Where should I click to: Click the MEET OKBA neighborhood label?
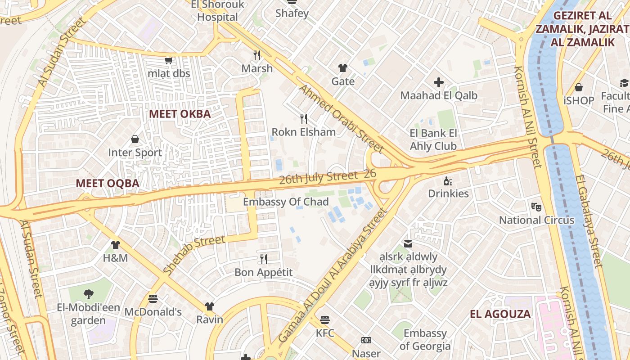point(180,114)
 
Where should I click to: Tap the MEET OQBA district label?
point(107,184)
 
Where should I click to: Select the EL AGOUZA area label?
point(500,314)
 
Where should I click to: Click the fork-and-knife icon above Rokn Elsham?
point(304,119)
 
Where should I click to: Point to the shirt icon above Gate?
point(343,68)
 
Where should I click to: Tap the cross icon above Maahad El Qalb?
point(439,82)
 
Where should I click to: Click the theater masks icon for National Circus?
point(536,207)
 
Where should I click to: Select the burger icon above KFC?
point(325,320)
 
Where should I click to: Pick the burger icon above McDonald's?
point(153,298)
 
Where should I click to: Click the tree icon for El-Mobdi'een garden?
point(88,294)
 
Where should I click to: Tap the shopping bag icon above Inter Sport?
point(135,139)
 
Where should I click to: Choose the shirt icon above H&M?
point(116,245)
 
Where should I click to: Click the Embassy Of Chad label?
point(286,202)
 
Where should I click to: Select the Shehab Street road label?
point(193,254)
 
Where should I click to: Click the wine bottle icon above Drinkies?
point(448,181)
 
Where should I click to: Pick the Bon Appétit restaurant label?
point(263,272)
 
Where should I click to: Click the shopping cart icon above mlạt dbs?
point(168,60)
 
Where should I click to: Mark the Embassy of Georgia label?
point(425,340)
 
